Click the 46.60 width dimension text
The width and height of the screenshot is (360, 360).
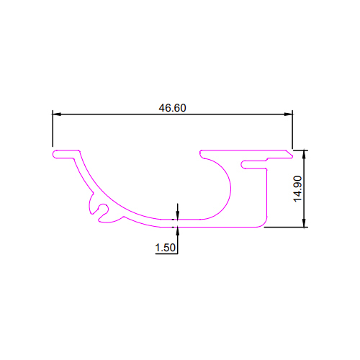172,108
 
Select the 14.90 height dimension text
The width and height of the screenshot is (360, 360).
298,189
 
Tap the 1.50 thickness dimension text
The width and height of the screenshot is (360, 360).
165,248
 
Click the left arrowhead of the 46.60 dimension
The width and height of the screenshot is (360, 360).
57,114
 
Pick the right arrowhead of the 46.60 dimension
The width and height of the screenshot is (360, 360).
288,114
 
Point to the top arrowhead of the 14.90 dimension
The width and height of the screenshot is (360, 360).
304,155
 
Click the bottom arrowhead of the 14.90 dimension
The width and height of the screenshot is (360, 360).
304,222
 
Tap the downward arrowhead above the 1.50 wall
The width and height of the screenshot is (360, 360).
178,215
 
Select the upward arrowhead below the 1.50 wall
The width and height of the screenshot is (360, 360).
178,231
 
